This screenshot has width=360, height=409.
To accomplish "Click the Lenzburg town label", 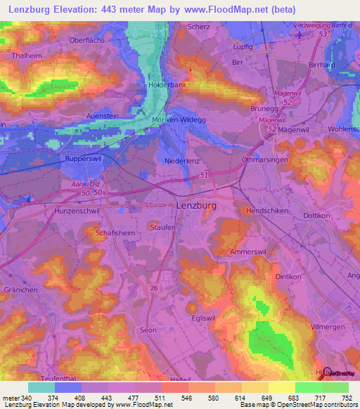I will [193, 207].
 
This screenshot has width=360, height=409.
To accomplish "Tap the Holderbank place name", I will [166, 85].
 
